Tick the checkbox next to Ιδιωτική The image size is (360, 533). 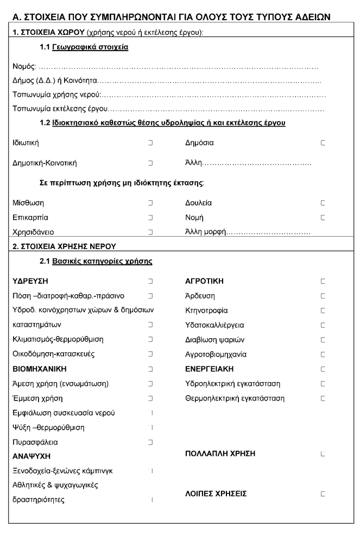click(x=150, y=143)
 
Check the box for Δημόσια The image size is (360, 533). click(x=323, y=143)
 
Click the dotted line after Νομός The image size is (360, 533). click(x=179, y=68)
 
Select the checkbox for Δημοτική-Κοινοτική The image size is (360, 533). click(x=150, y=163)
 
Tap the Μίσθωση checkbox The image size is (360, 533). click(x=150, y=203)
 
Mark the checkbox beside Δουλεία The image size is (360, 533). click(x=323, y=203)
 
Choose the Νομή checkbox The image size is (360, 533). click(x=323, y=218)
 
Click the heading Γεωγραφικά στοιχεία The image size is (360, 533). click(x=90, y=48)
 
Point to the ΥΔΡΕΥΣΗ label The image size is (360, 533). click(x=30, y=281)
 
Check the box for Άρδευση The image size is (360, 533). click(x=323, y=296)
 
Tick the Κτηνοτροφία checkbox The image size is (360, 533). click(x=323, y=310)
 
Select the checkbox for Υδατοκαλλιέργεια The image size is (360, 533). click(x=323, y=325)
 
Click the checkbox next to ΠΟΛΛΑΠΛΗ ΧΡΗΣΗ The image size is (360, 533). click(x=323, y=453)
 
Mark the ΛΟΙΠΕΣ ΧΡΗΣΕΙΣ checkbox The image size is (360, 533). click(x=323, y=494)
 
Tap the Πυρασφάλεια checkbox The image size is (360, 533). click(x=150, y=442)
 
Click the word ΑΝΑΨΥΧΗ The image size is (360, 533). click(x=31, y=456)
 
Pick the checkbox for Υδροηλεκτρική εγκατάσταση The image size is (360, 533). click(x=323, y=384)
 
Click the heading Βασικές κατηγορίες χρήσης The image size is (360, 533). click(x=102, y=262)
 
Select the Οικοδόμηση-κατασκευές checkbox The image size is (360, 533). click(x=150, y=354)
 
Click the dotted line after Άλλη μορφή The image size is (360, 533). click(x=269, y=233)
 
